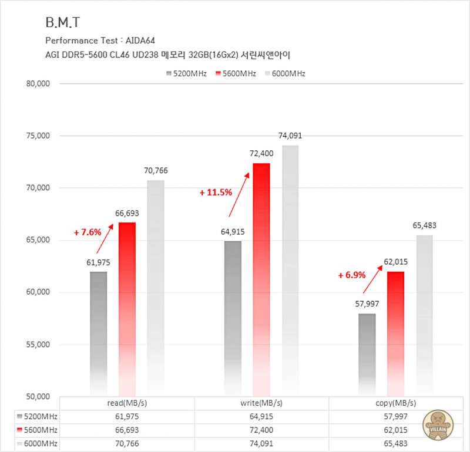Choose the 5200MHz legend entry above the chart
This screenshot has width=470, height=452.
[x=186, y=73]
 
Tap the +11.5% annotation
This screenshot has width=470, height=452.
[x=216, y=192]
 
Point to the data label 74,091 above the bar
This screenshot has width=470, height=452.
[x=290, y=136]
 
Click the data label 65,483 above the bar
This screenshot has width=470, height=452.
[x=424, y=225]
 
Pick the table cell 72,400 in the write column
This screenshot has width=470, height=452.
[x=261, y=430]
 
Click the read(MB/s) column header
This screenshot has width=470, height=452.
[x=127, y=403]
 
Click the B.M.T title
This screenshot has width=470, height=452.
[x=62, y=23]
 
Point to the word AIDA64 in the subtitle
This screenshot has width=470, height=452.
[x=142, y=41]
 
